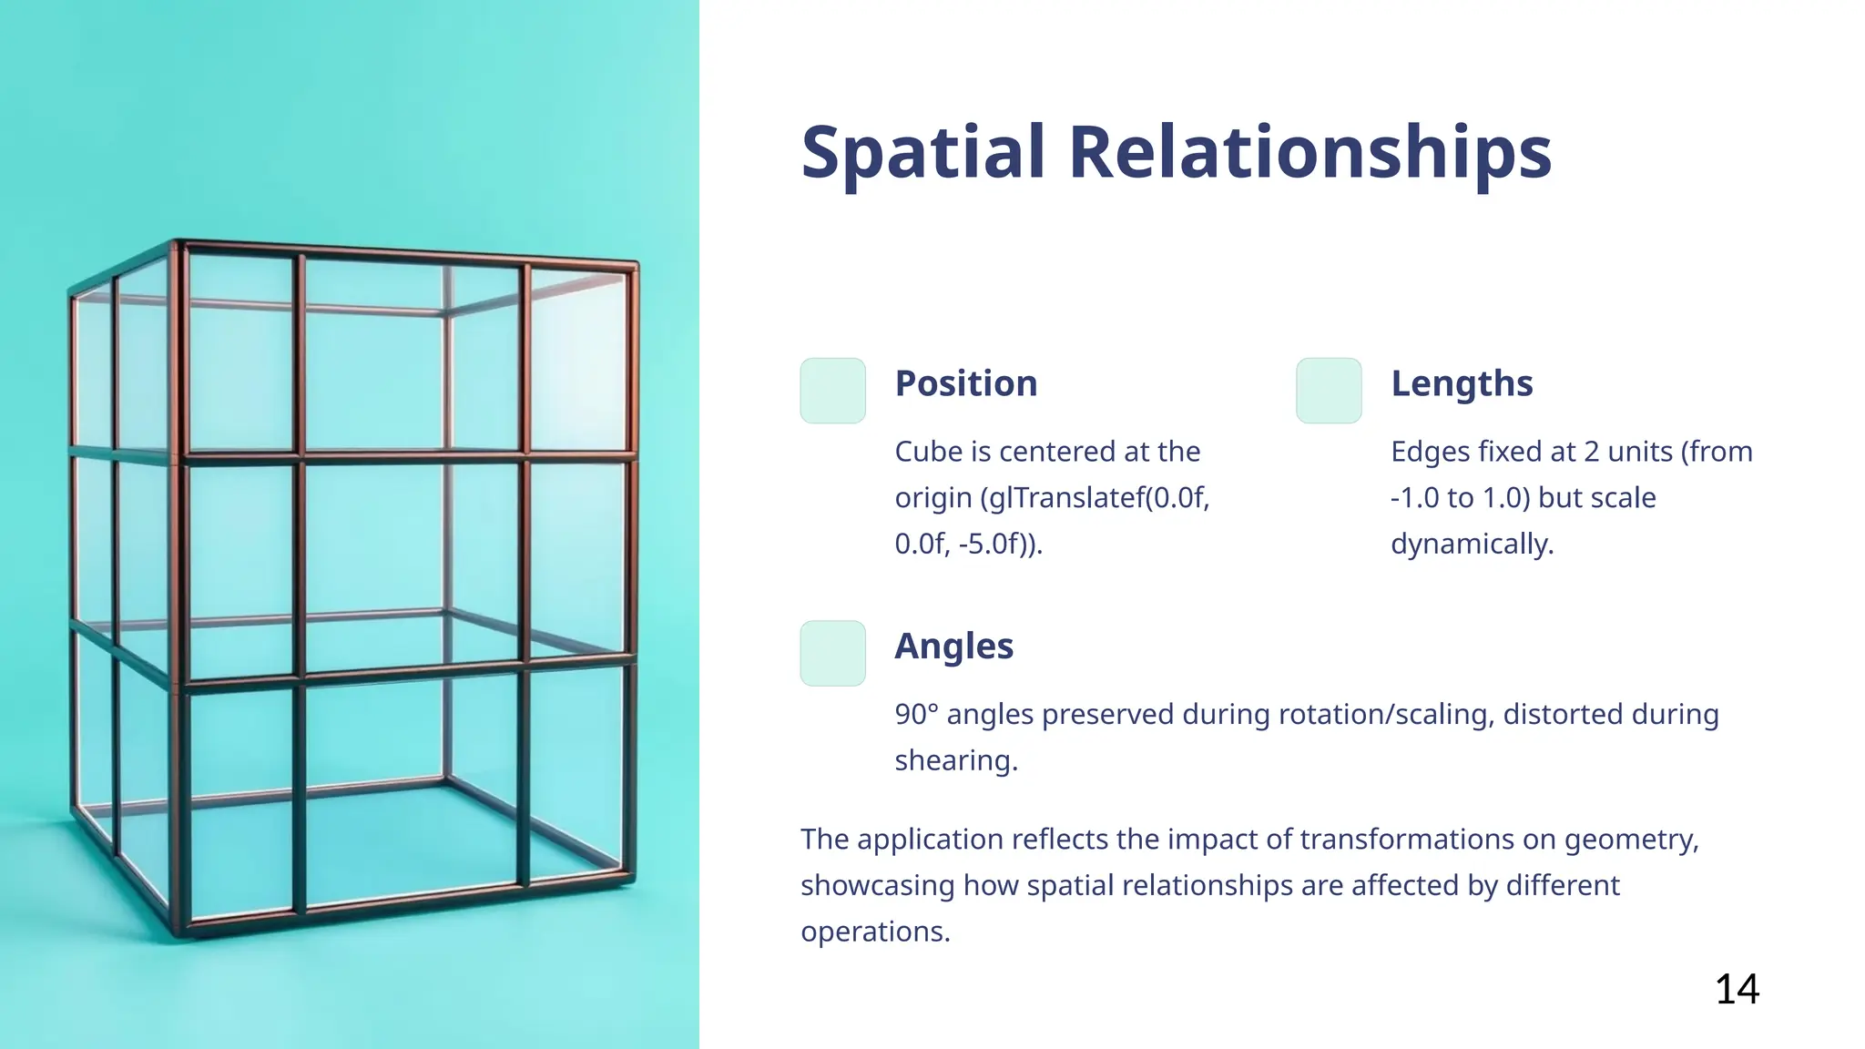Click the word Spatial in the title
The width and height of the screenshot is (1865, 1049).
[x=922, y=152]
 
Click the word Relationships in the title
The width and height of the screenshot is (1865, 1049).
[x=1310, y=152]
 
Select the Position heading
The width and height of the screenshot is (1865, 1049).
[x=965, y=383]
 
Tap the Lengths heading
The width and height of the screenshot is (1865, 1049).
[x=1461, y=383]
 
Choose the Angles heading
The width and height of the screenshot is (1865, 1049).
[x=953, y=647]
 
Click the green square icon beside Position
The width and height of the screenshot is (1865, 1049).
[x=832, y=391]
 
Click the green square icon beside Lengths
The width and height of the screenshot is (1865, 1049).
[x=1329, y=391]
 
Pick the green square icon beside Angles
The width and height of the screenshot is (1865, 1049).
[x=832, y=654]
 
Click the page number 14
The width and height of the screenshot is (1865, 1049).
[x=1737, y=989]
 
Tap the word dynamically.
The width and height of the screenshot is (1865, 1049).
[x=1472, y=545]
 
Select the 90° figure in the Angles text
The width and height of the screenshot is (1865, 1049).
[x=916, y=715]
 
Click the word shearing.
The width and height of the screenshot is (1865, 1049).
[x=955, y=760]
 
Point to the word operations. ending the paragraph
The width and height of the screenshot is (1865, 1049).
[x=874, y=932]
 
